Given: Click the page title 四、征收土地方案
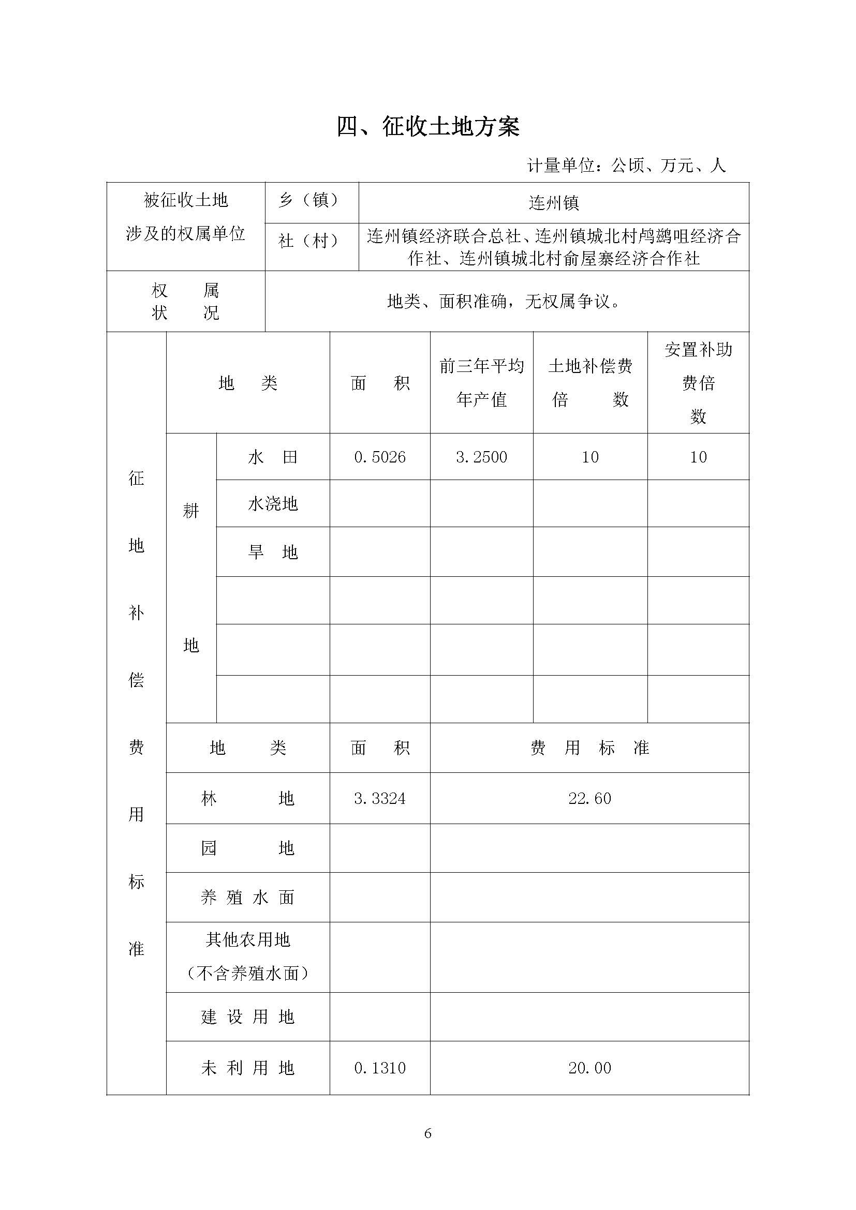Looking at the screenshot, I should coord(428,127).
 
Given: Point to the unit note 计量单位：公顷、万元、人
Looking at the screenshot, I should coord(626,166).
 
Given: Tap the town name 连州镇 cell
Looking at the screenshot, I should coord(553,203).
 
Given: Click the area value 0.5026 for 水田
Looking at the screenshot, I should coord(379,457).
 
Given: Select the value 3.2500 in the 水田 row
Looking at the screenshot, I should coord(481,457).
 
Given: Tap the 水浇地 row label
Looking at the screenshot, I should coord(273,504).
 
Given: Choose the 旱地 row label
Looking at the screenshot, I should coord(273,552).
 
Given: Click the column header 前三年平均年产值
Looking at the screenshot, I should coord(481,383).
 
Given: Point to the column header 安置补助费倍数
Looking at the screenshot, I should coord(698,383).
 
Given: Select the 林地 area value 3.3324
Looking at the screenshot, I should coord(379,798).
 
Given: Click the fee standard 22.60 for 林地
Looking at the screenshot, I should coord(589,798).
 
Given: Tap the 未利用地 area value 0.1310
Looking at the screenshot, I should coord(379,1068).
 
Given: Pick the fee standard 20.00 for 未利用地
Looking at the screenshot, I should coord(589,1068).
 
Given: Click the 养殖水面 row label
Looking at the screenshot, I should coord(247,897).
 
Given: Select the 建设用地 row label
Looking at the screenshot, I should coord(247,1017).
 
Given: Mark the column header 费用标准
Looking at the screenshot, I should coord(589,748).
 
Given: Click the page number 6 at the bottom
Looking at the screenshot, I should coord(427,1133).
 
